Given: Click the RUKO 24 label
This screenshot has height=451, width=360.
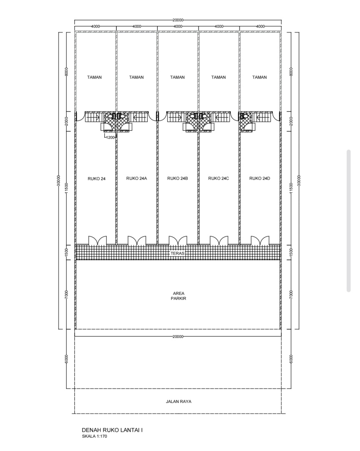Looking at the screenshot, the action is [96, 179].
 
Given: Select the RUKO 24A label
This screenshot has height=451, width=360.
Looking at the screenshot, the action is [136, 178].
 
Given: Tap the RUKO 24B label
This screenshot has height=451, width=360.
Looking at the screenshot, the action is [178, 178].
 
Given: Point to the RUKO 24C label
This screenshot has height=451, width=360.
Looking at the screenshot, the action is [219, 178].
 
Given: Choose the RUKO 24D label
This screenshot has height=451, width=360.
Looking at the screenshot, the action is [260, 178].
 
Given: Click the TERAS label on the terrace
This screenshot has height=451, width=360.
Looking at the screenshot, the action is [178, 253].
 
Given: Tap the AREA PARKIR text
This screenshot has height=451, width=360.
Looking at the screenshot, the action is [179, 296].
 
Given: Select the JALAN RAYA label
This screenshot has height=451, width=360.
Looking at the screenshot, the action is [179, 402].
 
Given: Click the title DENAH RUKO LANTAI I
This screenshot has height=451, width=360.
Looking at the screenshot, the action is [112, 430].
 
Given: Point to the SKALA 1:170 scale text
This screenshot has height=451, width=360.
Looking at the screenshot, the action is [94, 436].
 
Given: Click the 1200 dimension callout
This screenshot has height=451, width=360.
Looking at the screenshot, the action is [110, 137].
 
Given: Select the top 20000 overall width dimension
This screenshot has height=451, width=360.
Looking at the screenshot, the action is [178, 20].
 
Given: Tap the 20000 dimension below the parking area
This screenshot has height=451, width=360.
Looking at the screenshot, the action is [178, 337].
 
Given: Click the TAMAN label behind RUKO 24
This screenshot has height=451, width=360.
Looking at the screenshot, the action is [94, 77].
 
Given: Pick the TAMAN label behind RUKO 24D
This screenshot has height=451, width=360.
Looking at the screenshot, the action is [259, 77].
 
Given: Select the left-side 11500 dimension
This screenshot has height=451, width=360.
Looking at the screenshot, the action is [67, 188].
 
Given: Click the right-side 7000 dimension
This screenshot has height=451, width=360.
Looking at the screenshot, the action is [291, 294].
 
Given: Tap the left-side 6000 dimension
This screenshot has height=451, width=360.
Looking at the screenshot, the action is [67, 359].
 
